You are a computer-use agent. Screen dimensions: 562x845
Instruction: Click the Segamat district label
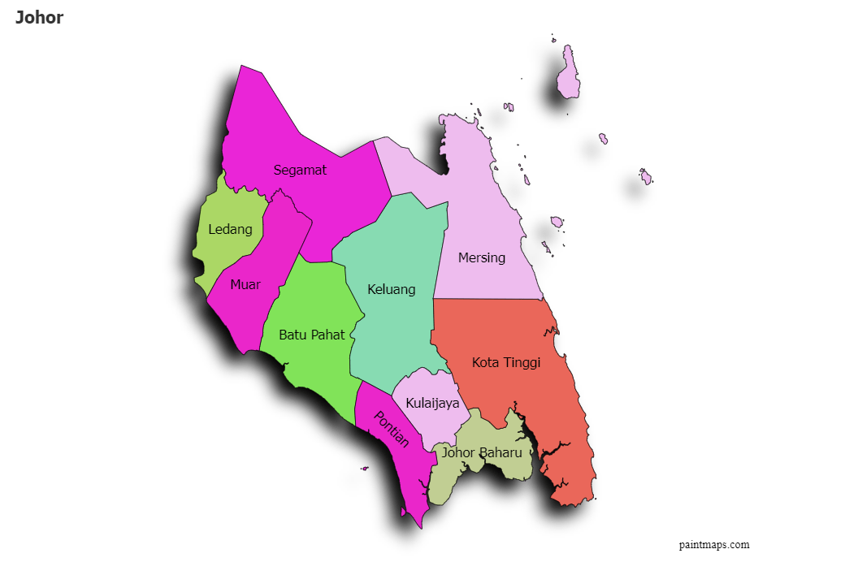300,170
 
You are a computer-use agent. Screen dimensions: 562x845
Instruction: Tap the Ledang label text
230,229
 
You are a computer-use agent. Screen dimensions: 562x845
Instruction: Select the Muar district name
245,284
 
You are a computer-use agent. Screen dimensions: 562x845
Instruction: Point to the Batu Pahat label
311,334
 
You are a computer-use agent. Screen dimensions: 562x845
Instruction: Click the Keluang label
391,289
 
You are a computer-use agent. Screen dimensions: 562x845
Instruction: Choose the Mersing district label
481,257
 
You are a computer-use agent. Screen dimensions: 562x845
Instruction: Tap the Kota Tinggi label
505,362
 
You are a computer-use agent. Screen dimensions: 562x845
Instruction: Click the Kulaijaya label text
432,402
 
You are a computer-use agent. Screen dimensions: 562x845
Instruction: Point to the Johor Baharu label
482,452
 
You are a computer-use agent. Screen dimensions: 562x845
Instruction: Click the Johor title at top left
39,17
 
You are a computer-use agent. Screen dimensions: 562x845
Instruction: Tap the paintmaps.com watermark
714,545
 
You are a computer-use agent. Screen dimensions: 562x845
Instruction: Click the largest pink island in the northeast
568,76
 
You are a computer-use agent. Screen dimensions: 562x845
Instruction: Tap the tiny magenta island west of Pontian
365,468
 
